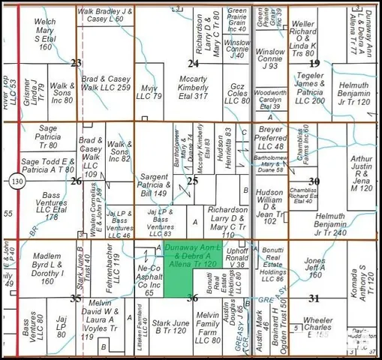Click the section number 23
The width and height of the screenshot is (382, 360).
pyautogui.click(x=76, y=63)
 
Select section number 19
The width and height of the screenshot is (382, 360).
pyautogui.click(x=314, y=63)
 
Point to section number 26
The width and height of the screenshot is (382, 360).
pyautogui.click(x=76, y=181)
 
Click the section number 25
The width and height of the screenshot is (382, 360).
pyautogui.click(x=193, y=181)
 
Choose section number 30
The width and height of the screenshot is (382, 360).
pyautogui.click(x=314, y=181)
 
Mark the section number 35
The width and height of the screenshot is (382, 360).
pyautogui.click(x=76, y=298)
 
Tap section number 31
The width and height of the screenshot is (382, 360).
pyautogui.click(x=314, y=298)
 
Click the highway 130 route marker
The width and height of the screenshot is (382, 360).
pyautogui.click(x=17, y=181)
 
